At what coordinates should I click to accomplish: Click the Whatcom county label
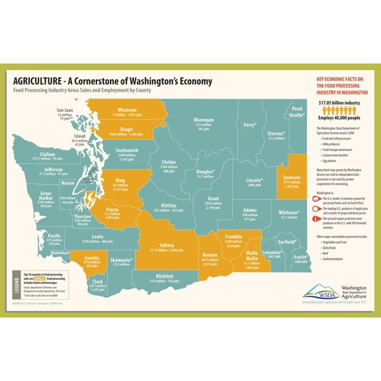126,110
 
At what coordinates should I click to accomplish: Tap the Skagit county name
126,130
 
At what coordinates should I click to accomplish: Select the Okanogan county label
204,120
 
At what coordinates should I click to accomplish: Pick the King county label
120,180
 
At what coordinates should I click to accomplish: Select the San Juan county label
65,109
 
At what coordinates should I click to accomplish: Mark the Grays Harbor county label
45,194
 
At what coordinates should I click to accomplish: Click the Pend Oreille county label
297,111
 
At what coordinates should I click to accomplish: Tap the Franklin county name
233,236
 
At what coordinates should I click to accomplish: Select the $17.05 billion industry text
339,103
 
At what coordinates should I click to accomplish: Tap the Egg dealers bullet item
329,162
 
